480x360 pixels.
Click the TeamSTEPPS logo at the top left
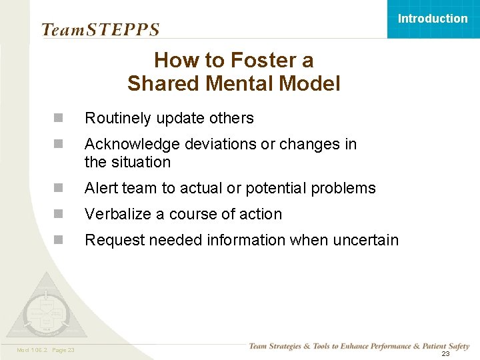(100, 29)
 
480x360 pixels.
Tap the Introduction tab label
(433, 19)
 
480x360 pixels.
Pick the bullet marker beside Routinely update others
(59, 118)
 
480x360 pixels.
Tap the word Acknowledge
(125, 145)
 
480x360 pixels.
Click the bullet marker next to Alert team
(59, 188)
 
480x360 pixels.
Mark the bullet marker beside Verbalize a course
(59, 214)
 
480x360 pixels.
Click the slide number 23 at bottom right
(445, 354)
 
